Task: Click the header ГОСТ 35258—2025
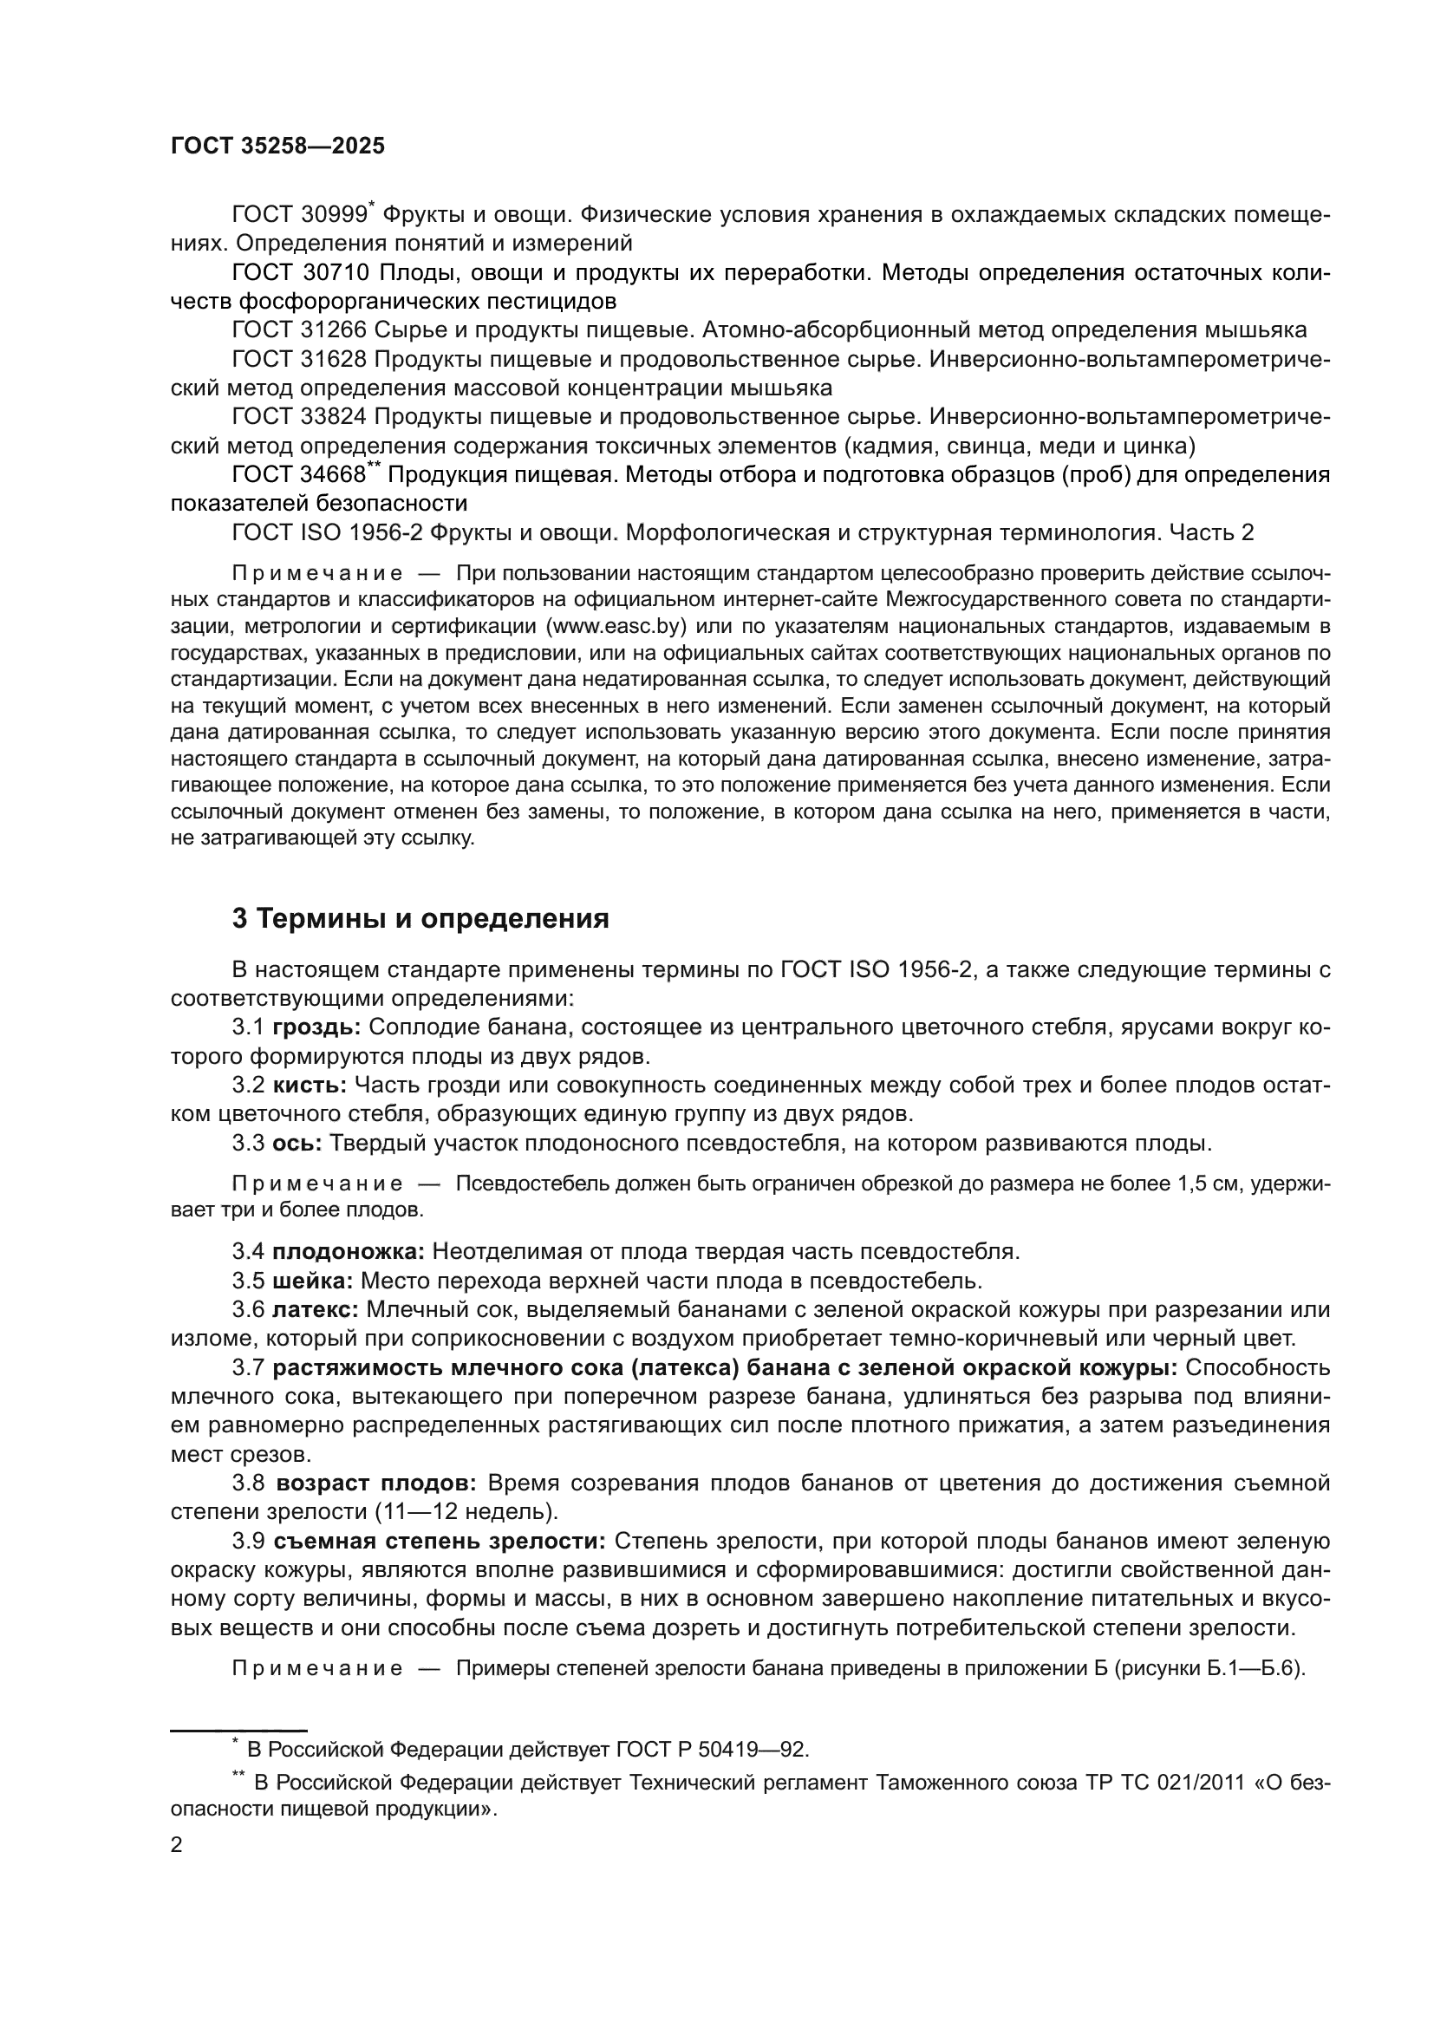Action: [x=277, y=147]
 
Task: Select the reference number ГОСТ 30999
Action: [x=298, y=215]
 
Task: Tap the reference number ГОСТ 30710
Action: [x=298, y=273]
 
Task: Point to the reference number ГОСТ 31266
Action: [x=298, y=330]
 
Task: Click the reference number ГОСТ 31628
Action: [x=298, y=360]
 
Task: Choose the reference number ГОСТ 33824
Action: [x=298, y=417]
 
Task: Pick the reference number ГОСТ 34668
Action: [x=298, y=475]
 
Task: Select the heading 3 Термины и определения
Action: [x=420, y=918]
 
